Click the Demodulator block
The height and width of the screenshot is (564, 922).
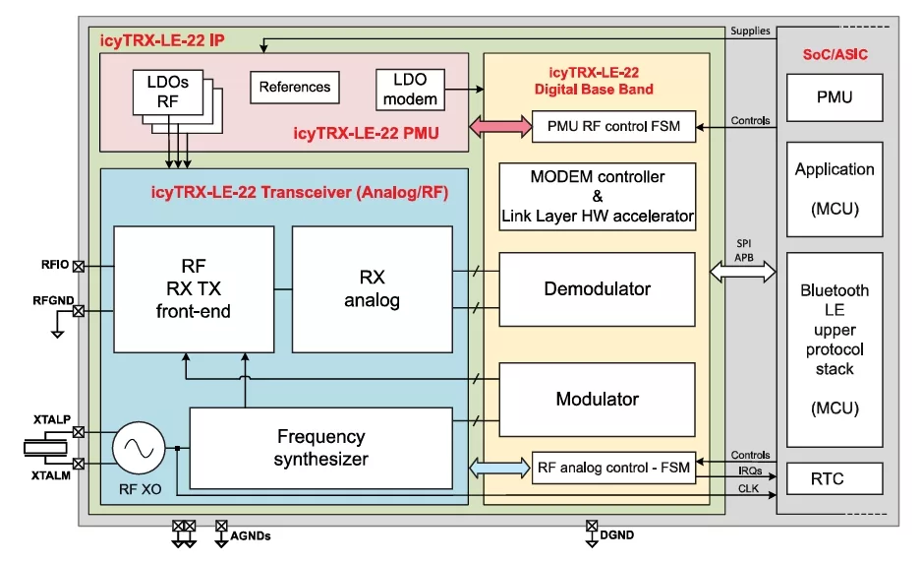[597, 289]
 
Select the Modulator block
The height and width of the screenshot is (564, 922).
[597, 399]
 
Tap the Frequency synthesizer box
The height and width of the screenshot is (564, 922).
[320, 448]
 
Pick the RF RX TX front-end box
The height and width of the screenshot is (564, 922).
[194, 289]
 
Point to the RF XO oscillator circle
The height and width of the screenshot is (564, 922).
[138, 449]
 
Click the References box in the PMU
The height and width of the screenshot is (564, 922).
[295, 87]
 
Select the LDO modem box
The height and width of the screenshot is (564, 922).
[410, 89]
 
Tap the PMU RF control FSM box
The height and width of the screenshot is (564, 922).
[613, 126]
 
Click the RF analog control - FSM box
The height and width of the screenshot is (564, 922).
[613, 466]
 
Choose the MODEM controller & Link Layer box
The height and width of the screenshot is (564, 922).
[597, 196]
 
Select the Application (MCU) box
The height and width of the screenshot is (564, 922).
[835, 189]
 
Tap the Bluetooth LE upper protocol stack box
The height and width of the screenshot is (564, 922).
[835, 349]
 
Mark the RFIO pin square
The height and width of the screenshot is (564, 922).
[79, 266]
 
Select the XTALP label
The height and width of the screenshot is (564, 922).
[51, 420]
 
